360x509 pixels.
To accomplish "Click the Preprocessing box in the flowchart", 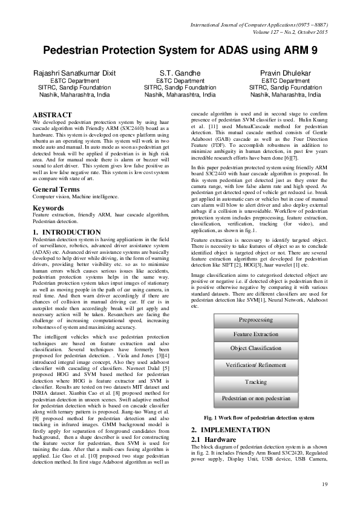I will pyautogui.click(x=255, y=319).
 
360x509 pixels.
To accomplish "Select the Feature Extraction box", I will pyautogui.click(x=255, y=334).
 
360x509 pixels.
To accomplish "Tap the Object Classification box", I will pyautogui.click(x=255, y=349).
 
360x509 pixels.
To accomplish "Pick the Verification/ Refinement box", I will pyautogui.click(x=255, y=366).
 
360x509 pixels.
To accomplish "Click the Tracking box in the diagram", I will pyautogui.click(x=255, y=382).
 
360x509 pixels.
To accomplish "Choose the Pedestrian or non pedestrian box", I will pyautogui.click(x=255, y=398).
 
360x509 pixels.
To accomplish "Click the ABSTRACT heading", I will pyautogui.click(x=51, y=114).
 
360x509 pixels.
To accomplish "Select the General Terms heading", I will pyautogui.click(x=57, y=173).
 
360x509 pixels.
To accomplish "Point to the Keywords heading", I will pyautogui.click(x=48, y=191).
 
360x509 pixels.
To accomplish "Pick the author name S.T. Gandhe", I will pyautogui.click(x=180, y=73).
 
